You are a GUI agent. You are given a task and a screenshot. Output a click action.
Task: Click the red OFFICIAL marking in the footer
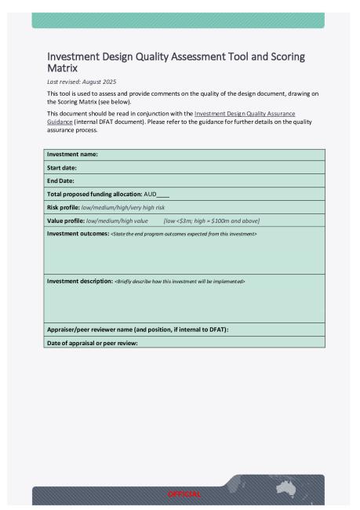coord(184,494)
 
